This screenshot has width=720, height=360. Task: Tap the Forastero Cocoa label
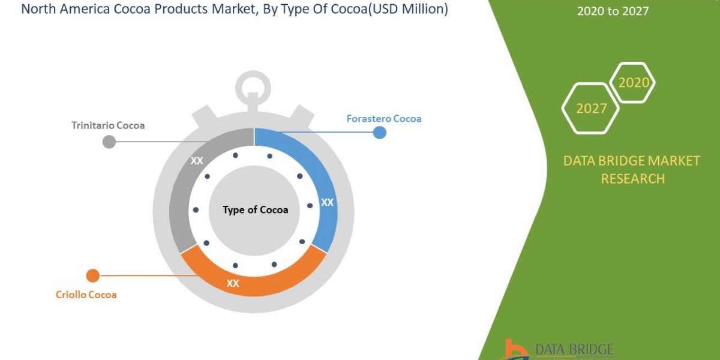coord(384,119)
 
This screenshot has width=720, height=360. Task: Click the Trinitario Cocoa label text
coord(108,125)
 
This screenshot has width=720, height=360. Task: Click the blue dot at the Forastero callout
coord(379,132)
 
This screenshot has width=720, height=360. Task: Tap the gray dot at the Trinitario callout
coord(109,142)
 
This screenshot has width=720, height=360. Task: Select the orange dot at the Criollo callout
coord(92,275)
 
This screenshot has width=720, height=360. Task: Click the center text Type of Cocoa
coord(255,210)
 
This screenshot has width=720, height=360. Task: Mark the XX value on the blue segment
coord(327,203)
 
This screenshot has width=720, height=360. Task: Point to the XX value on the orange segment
coord(233,283)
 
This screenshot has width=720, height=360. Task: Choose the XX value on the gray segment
coord(197,161)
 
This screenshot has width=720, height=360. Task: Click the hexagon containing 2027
coord(590,108)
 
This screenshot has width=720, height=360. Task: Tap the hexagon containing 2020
coord(633,83)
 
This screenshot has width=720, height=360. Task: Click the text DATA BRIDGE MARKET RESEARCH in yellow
coord(632,169)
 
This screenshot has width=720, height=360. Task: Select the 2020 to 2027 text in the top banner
coord(613,11)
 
